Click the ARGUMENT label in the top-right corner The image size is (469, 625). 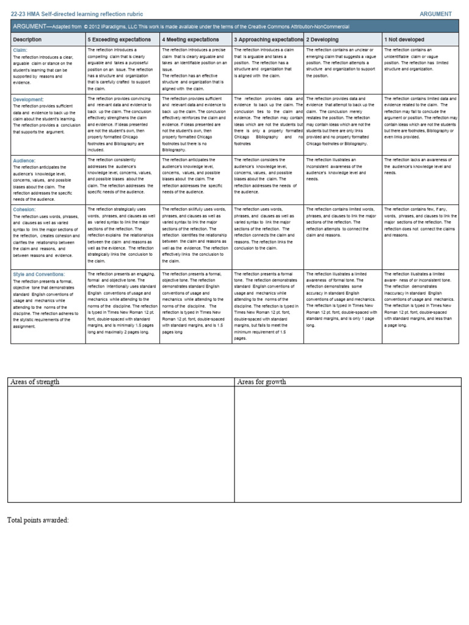tap(435, 13)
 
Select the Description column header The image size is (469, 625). tap(27, 39)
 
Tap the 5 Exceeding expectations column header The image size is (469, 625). tap(119, 39)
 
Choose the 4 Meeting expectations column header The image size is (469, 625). tap(191, 39)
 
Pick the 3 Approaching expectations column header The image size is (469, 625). tap(268, 39)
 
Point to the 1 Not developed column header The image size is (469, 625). tap(404, 39)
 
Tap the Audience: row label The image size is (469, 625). tap(24, 161)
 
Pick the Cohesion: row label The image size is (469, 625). tap(24, 209)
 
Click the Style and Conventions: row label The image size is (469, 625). tap(38, 275)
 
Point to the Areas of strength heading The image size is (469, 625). tap(34, 382)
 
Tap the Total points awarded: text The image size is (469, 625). tap(38, 520)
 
